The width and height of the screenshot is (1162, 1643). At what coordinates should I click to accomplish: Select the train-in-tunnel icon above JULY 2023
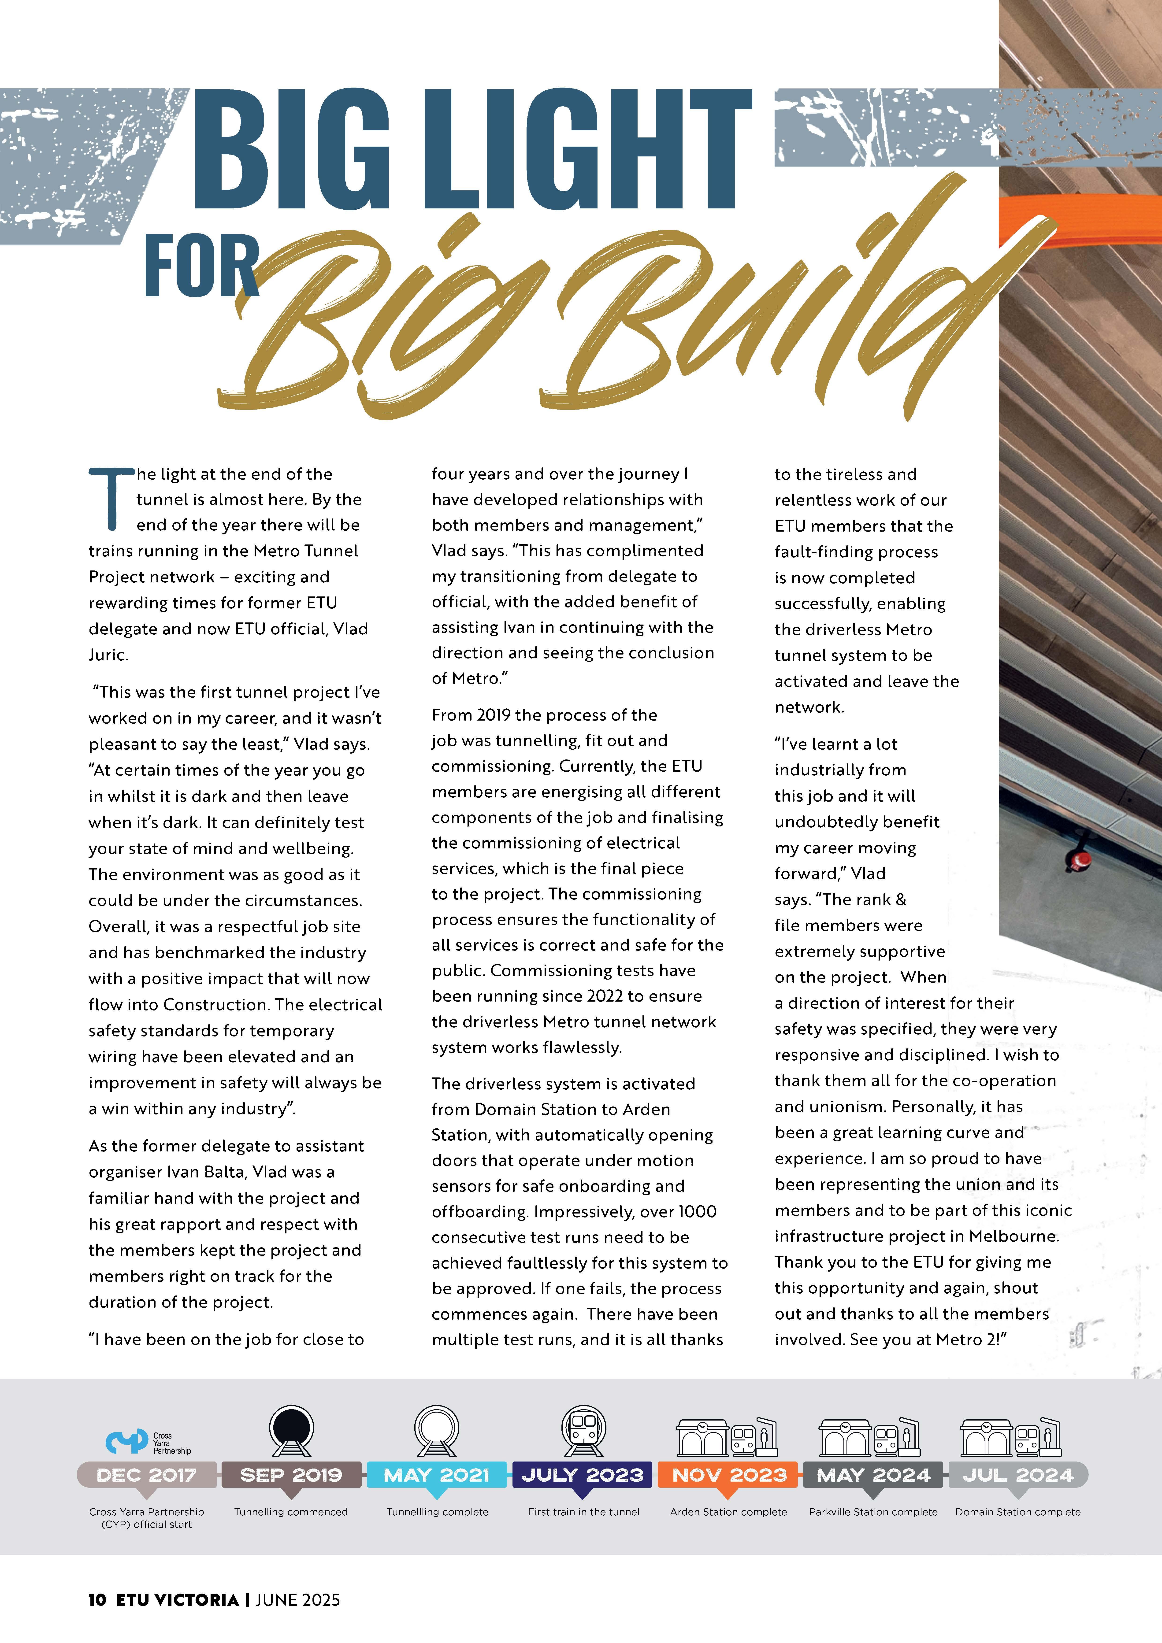point(583,1431)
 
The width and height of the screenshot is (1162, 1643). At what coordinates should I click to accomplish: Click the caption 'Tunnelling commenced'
point(291,1511)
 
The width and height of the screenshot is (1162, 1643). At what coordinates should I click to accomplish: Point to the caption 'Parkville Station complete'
point(873,1511)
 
